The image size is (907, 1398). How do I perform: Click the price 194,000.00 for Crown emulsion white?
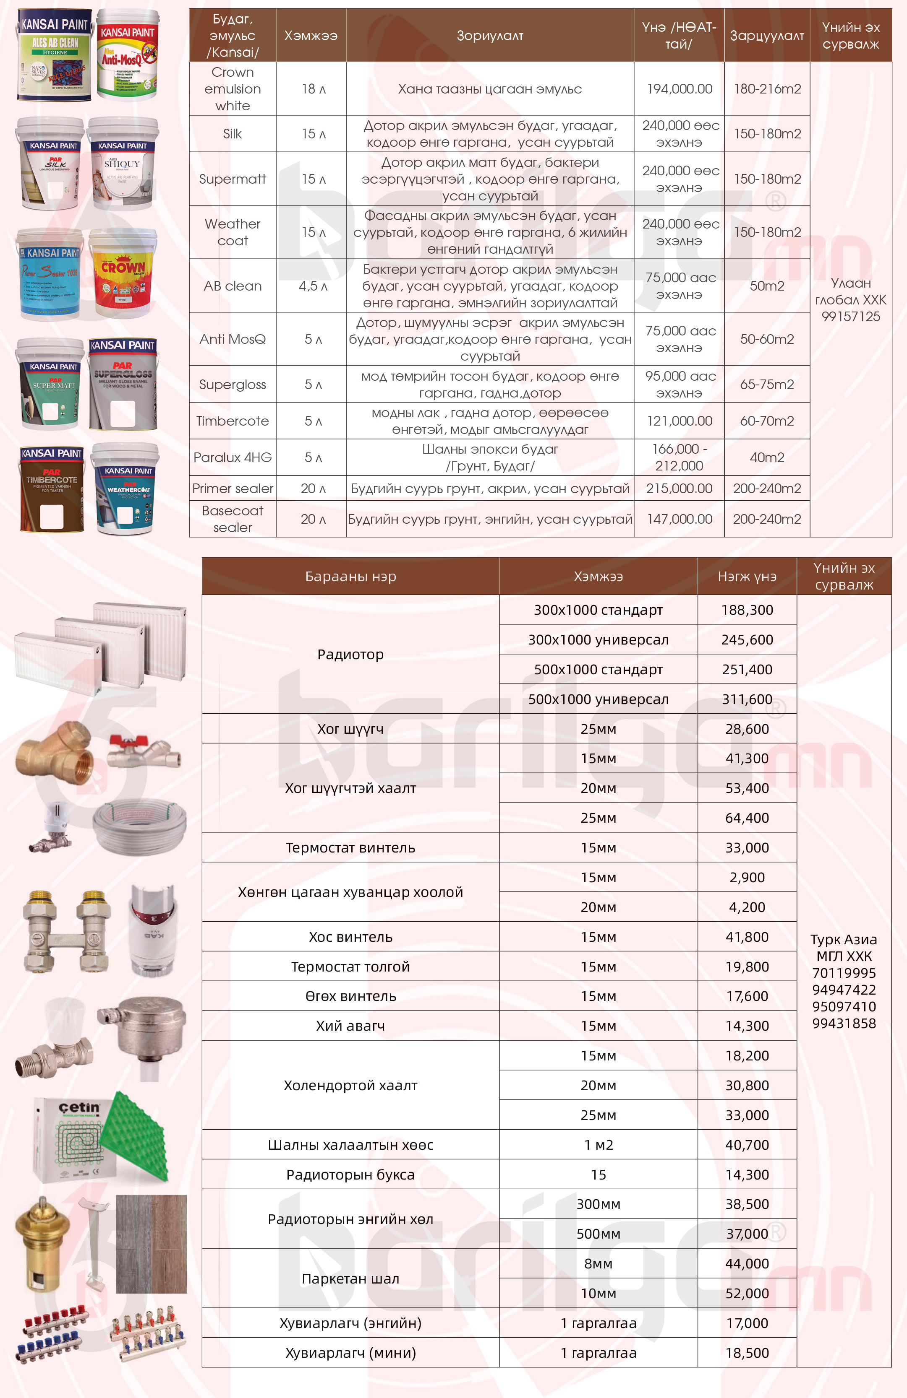[679, 89]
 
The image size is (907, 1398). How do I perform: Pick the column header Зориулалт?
[490, 36]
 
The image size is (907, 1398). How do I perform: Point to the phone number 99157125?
[851, 317]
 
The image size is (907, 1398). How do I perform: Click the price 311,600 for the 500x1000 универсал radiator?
[747, 699]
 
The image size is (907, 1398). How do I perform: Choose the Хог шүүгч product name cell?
[350, 729]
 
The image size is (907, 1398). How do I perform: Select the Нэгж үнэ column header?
[747, 576]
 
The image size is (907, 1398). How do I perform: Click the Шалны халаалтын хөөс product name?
[350, 1145]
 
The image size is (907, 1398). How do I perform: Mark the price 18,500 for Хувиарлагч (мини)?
[747, 1353]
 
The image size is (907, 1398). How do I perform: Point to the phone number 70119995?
[844, 973]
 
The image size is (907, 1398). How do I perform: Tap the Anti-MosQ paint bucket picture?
[128, 56]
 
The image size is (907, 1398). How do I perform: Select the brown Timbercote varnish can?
[52, 489]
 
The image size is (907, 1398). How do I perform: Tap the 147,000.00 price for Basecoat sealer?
[679, 519]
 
